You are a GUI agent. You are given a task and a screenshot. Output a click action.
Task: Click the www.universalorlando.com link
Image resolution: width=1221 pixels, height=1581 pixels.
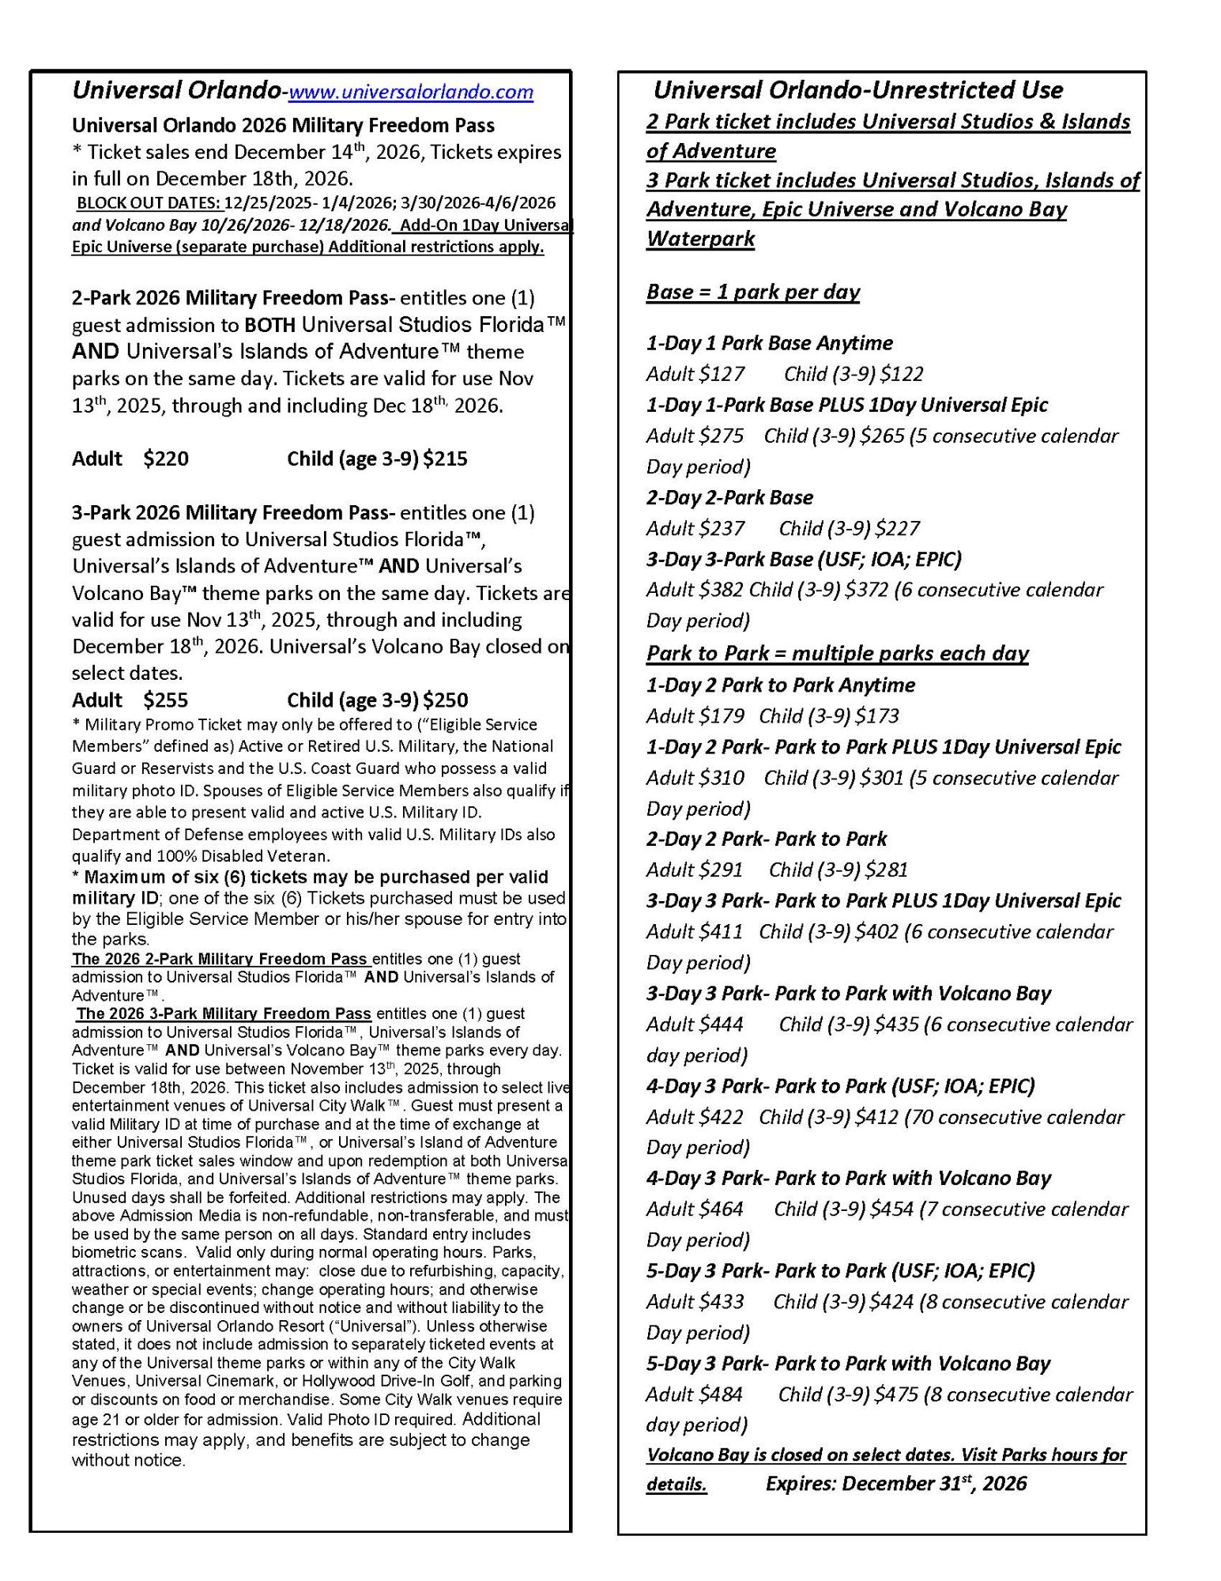410,92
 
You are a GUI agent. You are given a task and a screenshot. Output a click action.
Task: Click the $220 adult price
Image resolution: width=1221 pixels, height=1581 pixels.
166,459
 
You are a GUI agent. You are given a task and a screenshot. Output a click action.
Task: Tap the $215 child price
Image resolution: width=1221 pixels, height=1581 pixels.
445,459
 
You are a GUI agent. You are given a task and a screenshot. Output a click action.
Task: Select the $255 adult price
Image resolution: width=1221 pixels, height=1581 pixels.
166,700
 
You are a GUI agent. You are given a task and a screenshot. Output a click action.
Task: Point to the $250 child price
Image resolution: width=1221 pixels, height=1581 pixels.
445,700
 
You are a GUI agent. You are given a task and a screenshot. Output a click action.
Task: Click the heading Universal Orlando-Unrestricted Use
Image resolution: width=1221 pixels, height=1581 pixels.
857,90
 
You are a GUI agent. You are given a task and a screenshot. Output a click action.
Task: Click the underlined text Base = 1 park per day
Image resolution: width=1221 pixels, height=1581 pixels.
752,292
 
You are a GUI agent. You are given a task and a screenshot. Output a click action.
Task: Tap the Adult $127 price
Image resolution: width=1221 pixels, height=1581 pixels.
695,374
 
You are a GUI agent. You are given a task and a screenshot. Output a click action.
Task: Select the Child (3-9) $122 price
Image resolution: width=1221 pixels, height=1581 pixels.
854,374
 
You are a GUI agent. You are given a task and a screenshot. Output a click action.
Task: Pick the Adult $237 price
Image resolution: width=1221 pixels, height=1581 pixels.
695,528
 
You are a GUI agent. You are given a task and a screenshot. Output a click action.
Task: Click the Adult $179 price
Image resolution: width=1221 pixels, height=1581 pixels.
695,716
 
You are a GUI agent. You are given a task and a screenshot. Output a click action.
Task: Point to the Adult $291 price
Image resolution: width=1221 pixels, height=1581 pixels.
695,870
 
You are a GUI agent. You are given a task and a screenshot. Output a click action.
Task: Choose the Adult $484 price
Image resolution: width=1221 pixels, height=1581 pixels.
695,1394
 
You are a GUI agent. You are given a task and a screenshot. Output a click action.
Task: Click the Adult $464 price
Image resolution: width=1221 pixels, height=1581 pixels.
695,1209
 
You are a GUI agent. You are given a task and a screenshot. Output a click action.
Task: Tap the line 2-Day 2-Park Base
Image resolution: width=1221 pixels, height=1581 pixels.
729,497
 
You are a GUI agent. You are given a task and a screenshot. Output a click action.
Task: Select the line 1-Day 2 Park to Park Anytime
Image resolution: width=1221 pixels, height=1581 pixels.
781,685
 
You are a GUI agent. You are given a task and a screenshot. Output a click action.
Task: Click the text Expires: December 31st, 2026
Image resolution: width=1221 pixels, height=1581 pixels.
895,1484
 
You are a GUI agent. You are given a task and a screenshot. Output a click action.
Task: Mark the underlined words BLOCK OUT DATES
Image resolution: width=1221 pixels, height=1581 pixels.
148,203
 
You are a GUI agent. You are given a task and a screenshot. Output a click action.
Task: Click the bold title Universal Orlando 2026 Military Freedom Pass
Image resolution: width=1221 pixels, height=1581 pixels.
283,126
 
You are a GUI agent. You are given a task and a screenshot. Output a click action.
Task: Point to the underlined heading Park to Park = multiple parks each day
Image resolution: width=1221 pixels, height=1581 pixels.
837,653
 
